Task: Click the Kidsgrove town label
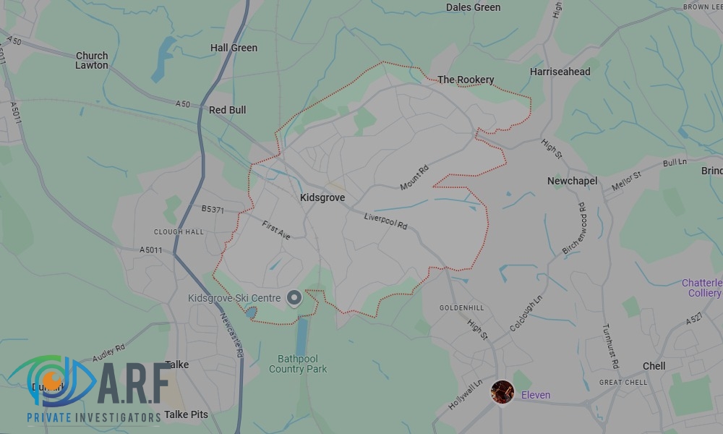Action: point(322,197)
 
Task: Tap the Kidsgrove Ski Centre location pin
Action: point(294,297)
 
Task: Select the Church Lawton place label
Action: point(92,60)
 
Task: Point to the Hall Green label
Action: point(234,48)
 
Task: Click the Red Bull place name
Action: point(227,110)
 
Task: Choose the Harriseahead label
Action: point(560,72)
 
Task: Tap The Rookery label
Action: point(466,80)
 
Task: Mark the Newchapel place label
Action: point(572,181)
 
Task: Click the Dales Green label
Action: point(473,7)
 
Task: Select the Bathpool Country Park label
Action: point(298,364)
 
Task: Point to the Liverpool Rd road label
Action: point(386,221)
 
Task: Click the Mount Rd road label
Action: point(414,178)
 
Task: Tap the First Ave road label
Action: point(276,230)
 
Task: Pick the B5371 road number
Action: point(214,209)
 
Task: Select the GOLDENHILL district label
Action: point(462,307)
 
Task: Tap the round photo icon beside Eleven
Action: point(502,392)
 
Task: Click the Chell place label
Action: point(654,366)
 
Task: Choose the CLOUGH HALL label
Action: point(179,232)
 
